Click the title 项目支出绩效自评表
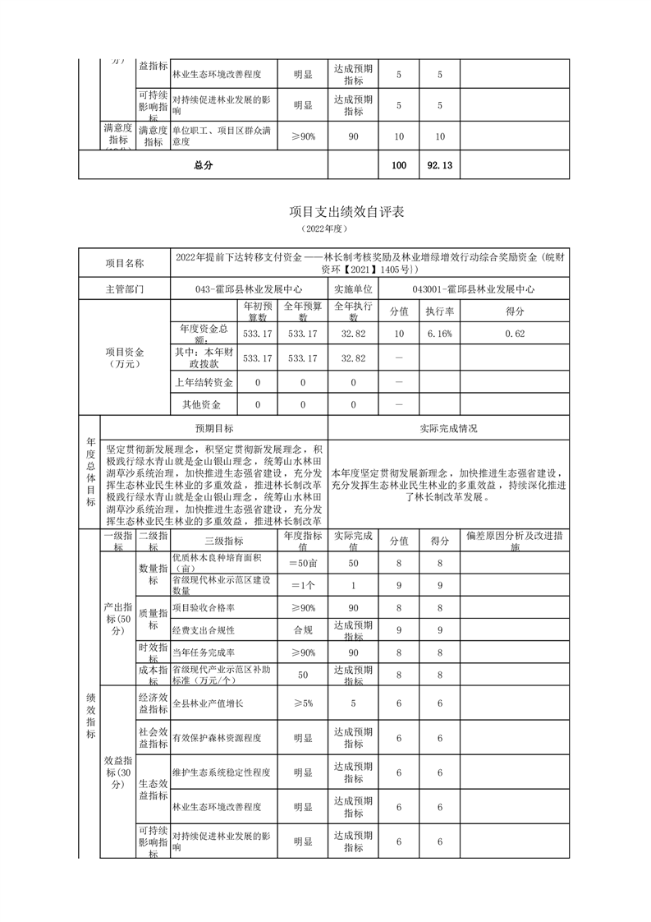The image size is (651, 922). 325,211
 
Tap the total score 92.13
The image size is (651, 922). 440,165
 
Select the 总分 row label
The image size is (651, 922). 203,165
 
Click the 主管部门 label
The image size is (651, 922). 124,289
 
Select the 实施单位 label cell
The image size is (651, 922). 353,289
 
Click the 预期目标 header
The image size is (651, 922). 214,428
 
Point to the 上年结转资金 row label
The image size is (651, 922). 204,383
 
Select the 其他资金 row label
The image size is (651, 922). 204,404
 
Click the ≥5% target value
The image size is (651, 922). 302,703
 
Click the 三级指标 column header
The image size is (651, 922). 223,540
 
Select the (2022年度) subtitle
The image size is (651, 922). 325,228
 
